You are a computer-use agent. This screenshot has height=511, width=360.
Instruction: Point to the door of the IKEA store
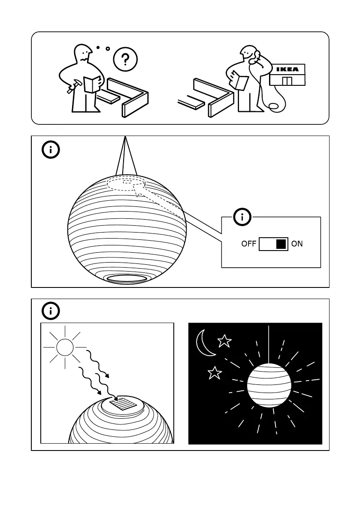[x=287, y=81]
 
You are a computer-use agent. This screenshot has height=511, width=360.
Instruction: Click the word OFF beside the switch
[x=249, y=244]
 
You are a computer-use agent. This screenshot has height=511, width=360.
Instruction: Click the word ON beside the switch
[x=297, y=244]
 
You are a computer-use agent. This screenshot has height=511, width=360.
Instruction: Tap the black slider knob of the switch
[x=281, y=244]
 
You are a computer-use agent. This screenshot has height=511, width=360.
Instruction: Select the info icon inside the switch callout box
[x=243, y=217]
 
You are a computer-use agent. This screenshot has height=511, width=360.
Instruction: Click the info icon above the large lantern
[x=51, y=150]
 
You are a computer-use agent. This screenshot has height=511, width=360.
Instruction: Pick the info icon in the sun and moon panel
[x=51, y=311]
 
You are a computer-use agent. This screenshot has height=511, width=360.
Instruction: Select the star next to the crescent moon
[x=224, y=342]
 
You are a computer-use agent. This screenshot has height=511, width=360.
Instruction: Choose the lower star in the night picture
[x=215, y=373]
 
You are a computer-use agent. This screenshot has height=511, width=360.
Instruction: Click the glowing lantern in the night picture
[x=269, y=385]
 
